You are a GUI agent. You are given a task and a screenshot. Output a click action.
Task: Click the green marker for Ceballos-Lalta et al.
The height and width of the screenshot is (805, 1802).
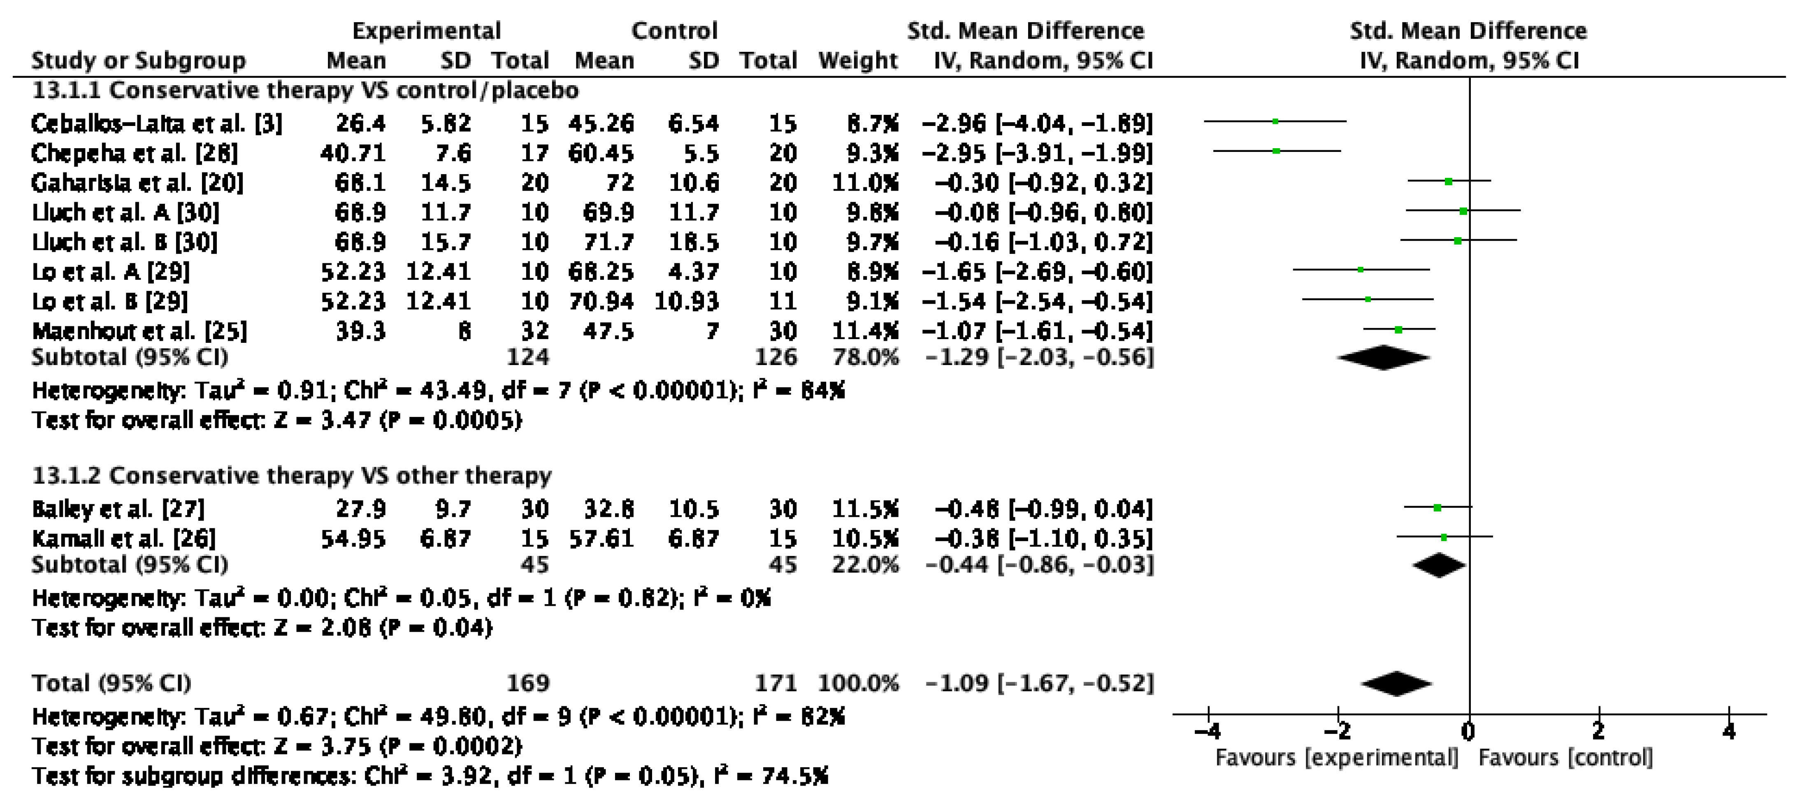1275,122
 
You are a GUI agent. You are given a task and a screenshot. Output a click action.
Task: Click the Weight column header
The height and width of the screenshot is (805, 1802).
858,61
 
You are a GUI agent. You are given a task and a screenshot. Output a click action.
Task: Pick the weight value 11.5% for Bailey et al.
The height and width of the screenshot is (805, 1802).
865,509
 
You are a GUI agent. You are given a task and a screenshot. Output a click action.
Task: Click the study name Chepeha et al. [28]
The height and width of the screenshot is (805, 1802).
134,153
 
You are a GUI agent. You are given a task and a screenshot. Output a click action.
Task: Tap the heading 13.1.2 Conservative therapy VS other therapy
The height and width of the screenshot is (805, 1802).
292,476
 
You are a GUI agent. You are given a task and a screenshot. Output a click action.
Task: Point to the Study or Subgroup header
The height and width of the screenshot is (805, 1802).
139,61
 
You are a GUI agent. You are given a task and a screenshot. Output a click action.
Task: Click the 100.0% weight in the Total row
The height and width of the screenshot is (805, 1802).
858,683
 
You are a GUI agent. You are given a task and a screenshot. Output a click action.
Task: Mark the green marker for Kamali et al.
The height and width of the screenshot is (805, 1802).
1444,537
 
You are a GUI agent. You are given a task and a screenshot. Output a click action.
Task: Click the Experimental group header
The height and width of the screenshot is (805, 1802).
426,31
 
